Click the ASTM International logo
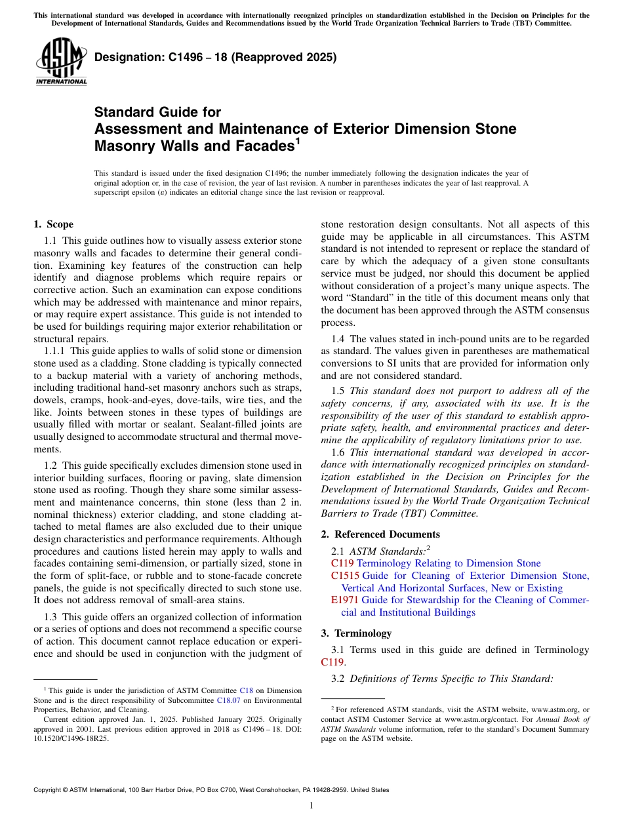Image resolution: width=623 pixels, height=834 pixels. point(60,61)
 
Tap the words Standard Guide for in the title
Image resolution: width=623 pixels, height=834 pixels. point(157,112)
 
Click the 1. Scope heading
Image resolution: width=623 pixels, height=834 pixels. point(53,224)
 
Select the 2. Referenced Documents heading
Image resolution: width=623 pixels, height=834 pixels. point(380,534)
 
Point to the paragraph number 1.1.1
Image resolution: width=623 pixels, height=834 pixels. point(54,351)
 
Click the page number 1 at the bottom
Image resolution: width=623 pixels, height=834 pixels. point(311,806)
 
